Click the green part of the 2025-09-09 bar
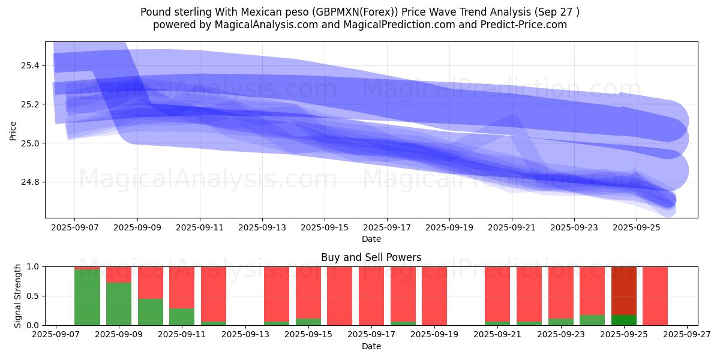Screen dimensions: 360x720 [x=119, y=304]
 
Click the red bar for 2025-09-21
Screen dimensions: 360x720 [x=497, y=294]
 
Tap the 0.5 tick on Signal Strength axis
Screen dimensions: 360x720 [x=34, y=296]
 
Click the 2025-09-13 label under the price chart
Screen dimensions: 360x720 [x=262, y=228]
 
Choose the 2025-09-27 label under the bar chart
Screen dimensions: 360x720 [x=687, y=335]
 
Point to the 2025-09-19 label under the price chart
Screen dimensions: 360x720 [x=449, y=228]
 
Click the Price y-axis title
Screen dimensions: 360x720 [x=13, y=130]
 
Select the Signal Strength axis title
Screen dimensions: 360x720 [x=18, y=296]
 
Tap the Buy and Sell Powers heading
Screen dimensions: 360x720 [x=371, y=257]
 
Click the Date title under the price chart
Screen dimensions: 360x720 [x=371, y=239]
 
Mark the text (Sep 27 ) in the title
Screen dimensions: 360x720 [x=559, y=12]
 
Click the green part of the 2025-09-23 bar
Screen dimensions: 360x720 [x=560, y=322]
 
